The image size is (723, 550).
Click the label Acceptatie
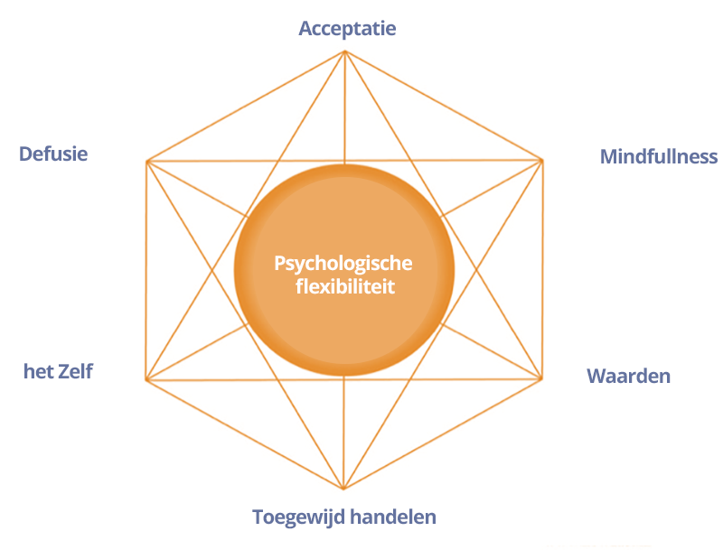pos(347,29)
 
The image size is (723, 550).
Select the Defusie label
pos(53,154)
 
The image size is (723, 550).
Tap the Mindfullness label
pos(658,156)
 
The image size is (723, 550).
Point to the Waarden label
pos(628,375)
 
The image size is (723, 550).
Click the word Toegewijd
pos(295,517)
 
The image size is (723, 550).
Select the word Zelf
pos(74,370)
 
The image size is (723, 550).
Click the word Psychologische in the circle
pos(343,264)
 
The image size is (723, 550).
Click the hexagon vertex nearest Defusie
pos(146,162)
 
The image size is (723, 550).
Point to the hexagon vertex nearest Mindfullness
pos(541,160)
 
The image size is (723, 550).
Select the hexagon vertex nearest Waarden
pos(541,378)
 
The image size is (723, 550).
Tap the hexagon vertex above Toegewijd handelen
pos(344,489)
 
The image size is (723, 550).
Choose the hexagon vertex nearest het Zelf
pos(146,379)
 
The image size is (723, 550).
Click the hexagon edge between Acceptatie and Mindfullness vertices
pos(443,106)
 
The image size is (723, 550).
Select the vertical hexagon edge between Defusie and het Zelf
pos(146,271)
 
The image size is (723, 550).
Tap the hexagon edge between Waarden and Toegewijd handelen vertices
pos(443,433)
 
